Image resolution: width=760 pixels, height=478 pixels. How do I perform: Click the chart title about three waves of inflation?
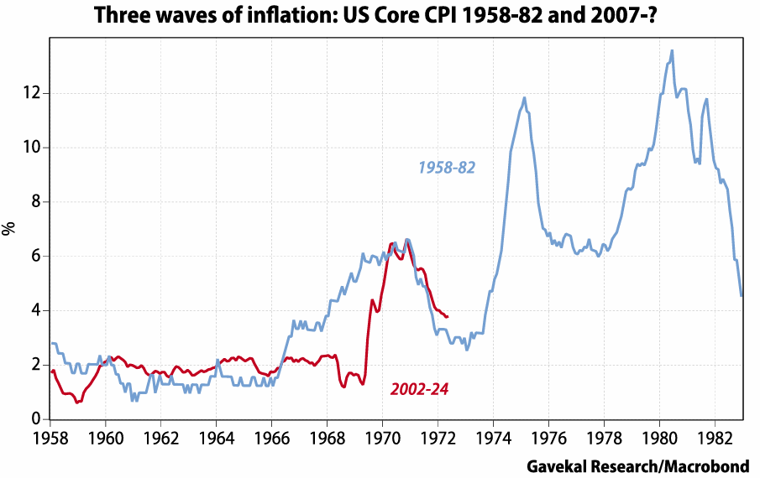[380, 16]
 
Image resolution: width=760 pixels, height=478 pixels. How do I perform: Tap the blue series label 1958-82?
[447, 168]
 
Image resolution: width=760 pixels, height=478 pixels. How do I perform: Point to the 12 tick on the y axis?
[32, 93]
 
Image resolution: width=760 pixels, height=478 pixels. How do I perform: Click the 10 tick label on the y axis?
[32, 148]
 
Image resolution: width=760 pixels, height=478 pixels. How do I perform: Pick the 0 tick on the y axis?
[36, 419]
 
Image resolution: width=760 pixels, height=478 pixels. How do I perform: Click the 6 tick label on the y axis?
[36, 257]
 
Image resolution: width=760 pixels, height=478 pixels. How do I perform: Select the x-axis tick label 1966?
[271, 438]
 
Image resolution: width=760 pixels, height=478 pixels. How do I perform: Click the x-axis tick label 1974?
[493, 438]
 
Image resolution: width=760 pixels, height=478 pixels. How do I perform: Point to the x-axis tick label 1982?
[714, 438]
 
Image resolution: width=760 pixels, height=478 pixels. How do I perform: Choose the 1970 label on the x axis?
[382, 438]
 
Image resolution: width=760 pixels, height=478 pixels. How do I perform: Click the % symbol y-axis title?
[10, 228]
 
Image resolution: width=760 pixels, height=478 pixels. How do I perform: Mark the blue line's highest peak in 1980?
[672, 50]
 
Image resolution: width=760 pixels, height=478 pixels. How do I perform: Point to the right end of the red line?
[448, 316]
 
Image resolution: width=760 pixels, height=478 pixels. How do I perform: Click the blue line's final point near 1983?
[742, 295]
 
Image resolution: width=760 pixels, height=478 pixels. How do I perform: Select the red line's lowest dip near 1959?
[76, 403]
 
